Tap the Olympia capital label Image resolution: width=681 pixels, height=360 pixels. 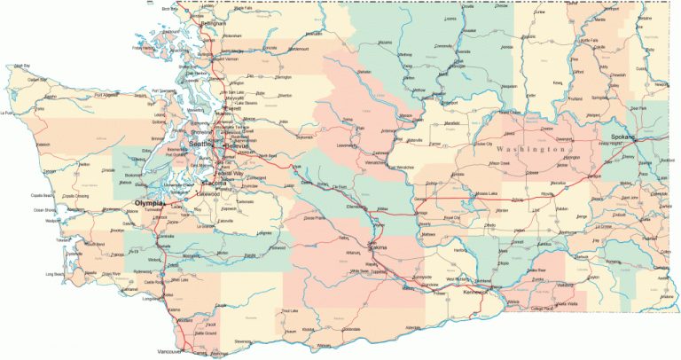pyautogui.click(x=147, y=203)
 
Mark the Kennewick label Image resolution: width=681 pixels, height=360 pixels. pyautogui.click(x=475, y=291)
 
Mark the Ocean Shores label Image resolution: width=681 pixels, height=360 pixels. pyautogui.click(x=46, y=210)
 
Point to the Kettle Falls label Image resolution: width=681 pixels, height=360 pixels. pyautogui.click(x=590, y=40)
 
